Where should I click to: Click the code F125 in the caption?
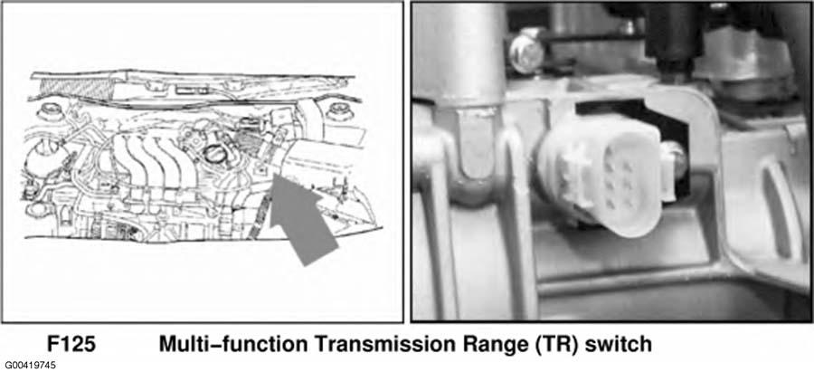pyautogui.click(x=72, y=345)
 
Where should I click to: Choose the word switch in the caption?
pyautogui.click(x=619, y=345)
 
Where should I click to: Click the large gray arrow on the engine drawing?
pyautogui.click(x=300, y=215)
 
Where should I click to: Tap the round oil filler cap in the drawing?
pyautogui.click(x=213, y=154)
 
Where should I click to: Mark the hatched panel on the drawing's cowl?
pyautogui.click(x=75, y=89)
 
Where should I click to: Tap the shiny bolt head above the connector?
pyautogui.click(x=525, y=50)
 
